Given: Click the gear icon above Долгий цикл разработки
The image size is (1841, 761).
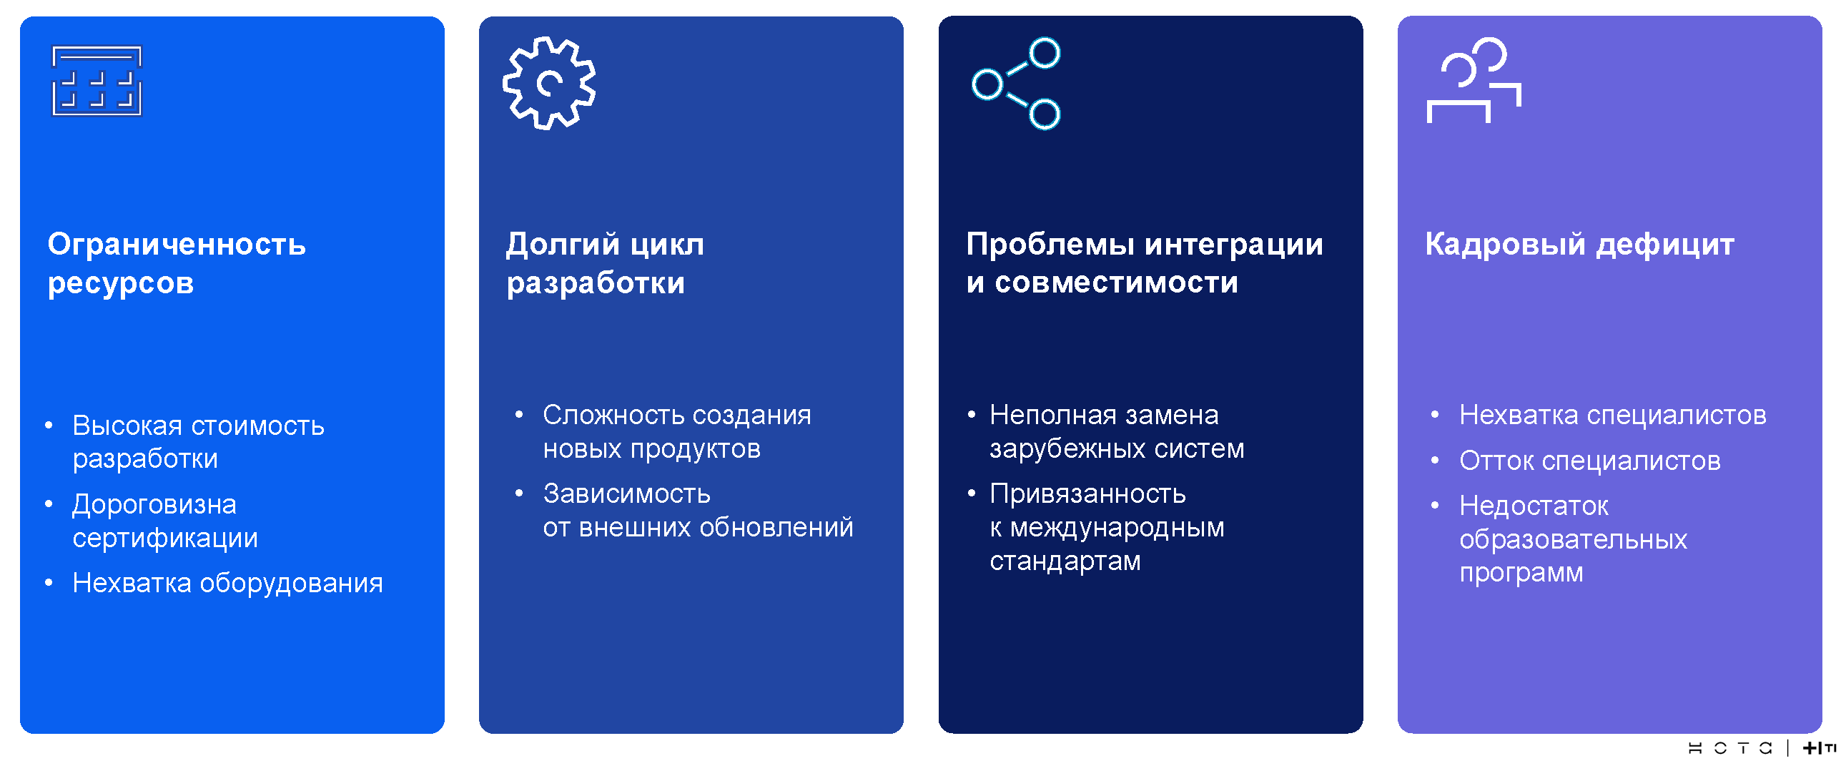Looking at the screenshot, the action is [548, 60].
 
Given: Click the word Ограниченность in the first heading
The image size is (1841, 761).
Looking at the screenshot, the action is [177, 245].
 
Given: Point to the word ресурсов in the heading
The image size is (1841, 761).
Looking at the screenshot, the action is [121, 284].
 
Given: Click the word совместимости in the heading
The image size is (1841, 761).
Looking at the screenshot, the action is [1116, 283].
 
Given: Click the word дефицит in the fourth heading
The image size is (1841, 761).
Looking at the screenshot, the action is [1666, 245].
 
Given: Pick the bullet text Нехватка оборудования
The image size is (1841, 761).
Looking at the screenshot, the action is [228, 584].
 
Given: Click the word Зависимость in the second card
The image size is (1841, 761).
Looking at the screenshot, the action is [627, 494].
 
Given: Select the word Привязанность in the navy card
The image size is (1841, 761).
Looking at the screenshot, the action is [1088, 494].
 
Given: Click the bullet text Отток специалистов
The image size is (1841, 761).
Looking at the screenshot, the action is [1590, 461].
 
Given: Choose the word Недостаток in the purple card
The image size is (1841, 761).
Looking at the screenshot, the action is [1534, 506].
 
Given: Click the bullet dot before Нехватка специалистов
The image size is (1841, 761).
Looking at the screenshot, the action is [1435, 415].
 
